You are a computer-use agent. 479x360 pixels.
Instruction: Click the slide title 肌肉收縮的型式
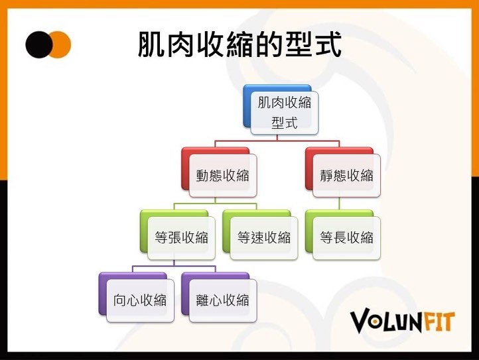(239, 44)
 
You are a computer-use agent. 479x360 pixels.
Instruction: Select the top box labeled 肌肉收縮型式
(285, 113)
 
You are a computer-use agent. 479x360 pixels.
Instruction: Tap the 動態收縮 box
(223, 176)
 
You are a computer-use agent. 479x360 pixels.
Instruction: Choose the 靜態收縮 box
(346, 176)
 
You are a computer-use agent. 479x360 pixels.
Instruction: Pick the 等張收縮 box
(182, 238)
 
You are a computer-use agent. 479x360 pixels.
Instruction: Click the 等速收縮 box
(264, 238)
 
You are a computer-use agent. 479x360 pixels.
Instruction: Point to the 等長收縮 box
(346, 238)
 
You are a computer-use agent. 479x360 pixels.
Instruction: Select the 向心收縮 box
(140, 300)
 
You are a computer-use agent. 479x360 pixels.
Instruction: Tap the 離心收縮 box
(223, 300)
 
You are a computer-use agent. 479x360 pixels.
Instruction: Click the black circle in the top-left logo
(38, 44)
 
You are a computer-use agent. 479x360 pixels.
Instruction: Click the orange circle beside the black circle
(62, 44)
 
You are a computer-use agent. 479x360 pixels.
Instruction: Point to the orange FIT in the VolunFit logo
(439, 322)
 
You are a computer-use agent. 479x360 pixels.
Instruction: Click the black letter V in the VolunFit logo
(360, 321)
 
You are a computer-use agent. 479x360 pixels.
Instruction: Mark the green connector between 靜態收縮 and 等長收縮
(340, 204)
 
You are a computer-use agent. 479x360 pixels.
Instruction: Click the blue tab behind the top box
(247, 105)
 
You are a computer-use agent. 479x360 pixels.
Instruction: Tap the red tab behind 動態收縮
(185, 168)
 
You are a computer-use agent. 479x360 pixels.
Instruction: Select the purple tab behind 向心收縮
(102, 293)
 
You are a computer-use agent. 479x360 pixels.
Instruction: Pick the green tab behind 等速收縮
(226, 231)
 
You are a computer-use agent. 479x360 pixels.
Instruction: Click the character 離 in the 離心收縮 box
(202, 300)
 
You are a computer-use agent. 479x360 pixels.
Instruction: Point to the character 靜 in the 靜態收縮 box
(326, 176)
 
